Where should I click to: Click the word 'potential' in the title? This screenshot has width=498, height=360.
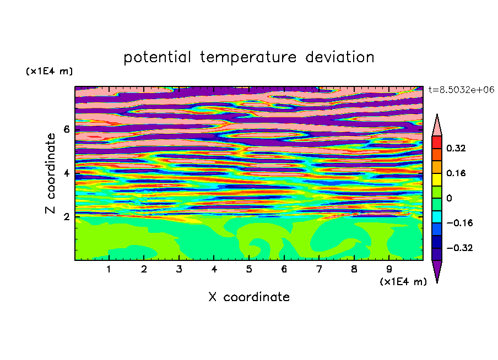point(157,58)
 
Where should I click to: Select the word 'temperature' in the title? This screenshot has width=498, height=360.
point(248,57)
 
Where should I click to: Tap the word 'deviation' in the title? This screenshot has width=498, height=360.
point(340,57)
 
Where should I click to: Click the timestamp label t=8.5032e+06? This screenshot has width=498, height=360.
point(462,90)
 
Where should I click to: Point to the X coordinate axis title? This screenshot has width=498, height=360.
point(249,297)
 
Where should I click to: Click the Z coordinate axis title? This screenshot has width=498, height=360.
point(51,173)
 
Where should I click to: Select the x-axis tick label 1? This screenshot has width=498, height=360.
point(109,269)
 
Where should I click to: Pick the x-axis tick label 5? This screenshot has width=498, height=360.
point(249,269)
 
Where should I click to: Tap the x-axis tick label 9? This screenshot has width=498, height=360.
point(389,269)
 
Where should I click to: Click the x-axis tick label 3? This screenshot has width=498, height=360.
point(179,269)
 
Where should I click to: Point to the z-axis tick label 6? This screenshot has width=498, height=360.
point(66,129)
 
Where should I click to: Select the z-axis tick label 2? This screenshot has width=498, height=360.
point(66,217)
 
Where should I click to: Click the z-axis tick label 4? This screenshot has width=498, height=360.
point(66,173)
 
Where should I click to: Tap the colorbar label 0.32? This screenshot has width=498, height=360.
point(456,148)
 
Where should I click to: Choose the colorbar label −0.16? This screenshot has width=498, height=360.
point(459,223)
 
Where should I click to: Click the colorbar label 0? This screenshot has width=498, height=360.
point(449,198)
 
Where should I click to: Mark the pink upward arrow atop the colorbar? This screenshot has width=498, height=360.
point(437,126)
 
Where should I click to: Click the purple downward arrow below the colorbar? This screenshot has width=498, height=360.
point(437,270)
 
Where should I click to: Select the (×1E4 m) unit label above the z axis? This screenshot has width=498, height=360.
point(49,71)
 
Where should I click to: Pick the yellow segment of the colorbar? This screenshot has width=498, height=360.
point(437,179)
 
